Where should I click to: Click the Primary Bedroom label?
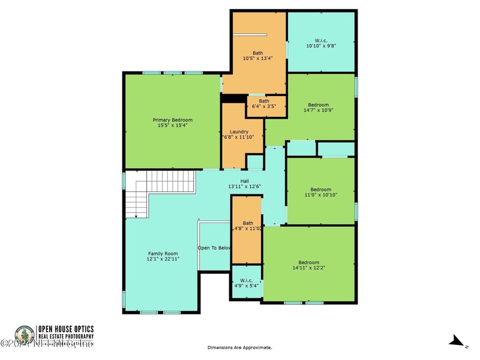[173, 119]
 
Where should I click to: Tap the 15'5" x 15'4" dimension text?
[173, 125]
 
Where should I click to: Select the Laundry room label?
[239, 131]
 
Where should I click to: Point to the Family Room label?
[163, 254]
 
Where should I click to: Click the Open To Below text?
[215, 248]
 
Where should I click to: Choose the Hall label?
[244, 181]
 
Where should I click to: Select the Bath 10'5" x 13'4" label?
[257, 56]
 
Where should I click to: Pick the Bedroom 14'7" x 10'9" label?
[319, 107]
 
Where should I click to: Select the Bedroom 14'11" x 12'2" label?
[309, 265]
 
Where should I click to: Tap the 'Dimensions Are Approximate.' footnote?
[239, 347]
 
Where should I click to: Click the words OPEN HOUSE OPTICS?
[66, 329]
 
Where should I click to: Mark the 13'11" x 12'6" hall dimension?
[244, 187]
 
